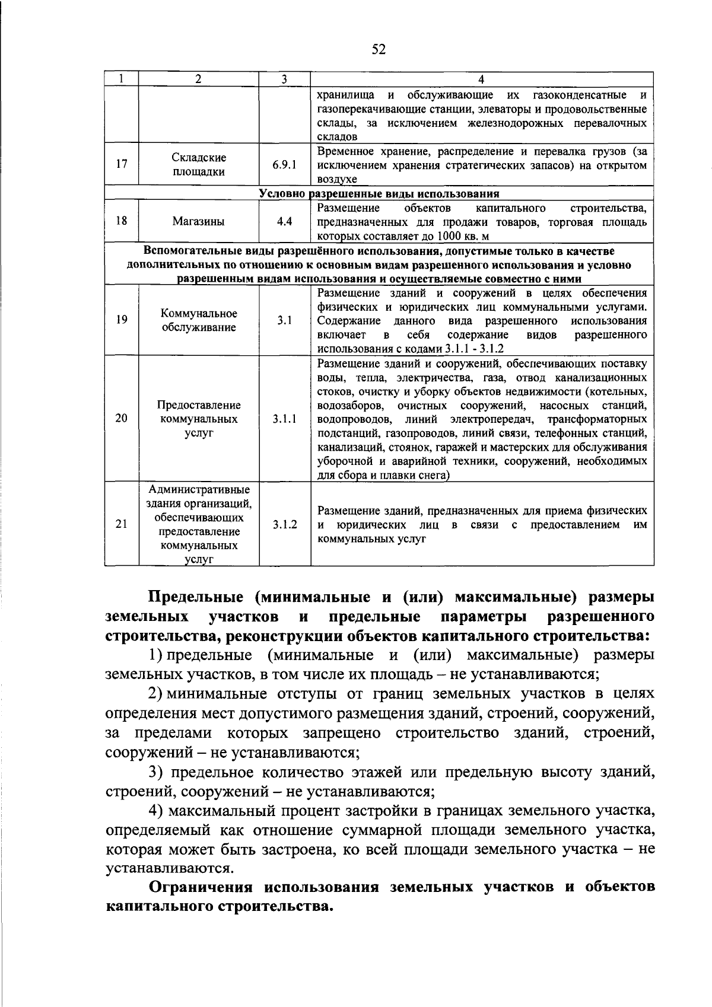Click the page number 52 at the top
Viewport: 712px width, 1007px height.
(378, 50)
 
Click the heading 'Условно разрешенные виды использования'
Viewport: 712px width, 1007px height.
(379, 194)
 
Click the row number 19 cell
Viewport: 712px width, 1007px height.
(122, 320)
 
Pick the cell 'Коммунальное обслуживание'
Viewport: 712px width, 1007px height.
(199, 320)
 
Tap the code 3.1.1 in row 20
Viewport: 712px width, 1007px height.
(284, 419)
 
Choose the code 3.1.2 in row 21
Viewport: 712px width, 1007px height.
(284, 524)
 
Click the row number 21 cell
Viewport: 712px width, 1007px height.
(122, 524)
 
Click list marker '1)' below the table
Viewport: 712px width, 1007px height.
(155, 655)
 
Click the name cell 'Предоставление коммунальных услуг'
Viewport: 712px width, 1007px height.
(199, 419)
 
